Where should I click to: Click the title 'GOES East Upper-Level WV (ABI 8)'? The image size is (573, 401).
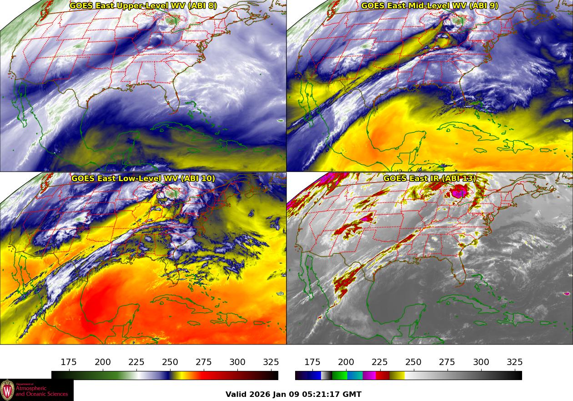tap(143, 6)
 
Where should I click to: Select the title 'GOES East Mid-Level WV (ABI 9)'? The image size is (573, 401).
tap(430, 6)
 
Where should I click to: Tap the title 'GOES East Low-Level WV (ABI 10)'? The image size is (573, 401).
tap(143, 178)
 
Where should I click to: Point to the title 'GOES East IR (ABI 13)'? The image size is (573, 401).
tap(430, 178)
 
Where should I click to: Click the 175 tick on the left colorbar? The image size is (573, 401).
tap(69, 362)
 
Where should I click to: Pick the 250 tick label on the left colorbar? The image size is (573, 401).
tap(170, 362)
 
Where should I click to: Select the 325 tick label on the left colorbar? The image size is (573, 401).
tap(271, 362)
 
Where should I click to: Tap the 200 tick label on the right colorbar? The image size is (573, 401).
tap(346, 362)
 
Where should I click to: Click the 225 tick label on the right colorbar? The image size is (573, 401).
tap(380, 362)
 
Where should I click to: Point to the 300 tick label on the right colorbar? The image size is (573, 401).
tap(481, 362)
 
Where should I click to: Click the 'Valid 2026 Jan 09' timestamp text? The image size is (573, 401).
tap(293, 394)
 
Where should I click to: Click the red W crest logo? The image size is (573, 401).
tap(7, 390)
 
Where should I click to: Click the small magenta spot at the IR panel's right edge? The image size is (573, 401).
tap(568, 294)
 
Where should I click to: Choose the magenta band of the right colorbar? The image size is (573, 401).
tap(369, 376)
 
